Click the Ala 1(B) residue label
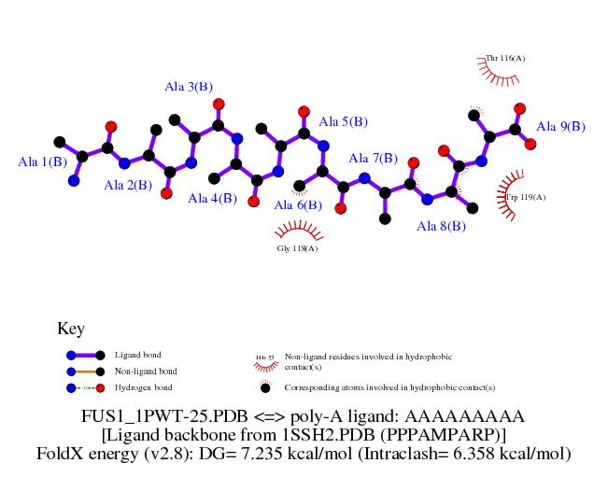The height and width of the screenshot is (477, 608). (x=43, y=161)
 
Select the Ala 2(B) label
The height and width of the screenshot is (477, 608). (x=128, y=185)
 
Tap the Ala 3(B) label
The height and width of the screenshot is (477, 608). (x=188, y=87)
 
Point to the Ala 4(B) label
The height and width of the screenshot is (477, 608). (x=212, y=198)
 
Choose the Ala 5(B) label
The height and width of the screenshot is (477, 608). (x=343, y=121)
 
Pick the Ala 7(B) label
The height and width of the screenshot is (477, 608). (x=373, y=159)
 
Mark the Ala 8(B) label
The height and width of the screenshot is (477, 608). (x=441, y=226)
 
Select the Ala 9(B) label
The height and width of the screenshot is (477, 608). (x=560, y=127)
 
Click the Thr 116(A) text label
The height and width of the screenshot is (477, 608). (x=505, y=59)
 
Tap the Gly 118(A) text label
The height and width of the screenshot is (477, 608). (x=298, y=248)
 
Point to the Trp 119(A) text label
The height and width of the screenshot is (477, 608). (x=526, y=197)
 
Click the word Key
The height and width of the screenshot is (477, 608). (x=71, y=329)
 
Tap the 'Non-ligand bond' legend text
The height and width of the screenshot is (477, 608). (x=146, y=372)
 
